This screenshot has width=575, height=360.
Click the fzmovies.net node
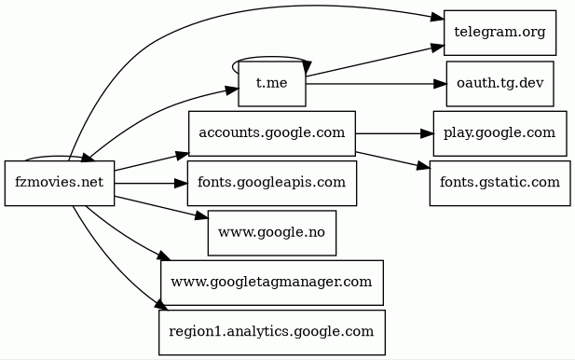coord(60,183)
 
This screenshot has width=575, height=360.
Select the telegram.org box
coord(500,33)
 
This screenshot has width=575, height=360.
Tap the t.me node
coord(272,84)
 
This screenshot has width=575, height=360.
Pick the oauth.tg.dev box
coord(500,84)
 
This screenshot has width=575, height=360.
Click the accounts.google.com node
coord(272,133)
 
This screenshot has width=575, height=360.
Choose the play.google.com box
coord(500,133)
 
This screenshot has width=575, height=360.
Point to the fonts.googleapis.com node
coord(272,183)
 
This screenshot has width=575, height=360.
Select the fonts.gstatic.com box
coord(500,183)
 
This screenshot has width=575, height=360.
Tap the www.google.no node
coord(272,233)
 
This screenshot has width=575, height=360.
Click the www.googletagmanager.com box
coord(272,283)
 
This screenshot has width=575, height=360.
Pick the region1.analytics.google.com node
coord(272,332)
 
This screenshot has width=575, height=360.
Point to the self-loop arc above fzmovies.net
coord(55,157)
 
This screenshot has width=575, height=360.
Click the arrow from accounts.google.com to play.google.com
coord(394,133)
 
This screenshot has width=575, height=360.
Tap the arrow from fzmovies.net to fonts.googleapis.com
coord(151,183)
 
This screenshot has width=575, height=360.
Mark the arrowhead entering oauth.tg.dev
coord(440,84)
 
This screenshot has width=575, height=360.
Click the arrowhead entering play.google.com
coord(427,133)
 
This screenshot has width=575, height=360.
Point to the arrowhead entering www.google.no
coord(201,215)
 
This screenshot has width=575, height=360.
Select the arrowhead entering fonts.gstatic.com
coord(423,166)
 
